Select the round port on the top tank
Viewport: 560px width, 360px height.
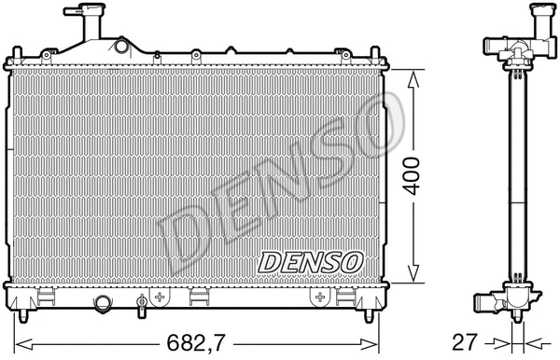119,46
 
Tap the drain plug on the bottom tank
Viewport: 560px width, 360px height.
142,302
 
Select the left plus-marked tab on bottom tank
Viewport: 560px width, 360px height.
161,298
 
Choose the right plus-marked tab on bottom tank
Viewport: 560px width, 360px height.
319,298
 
